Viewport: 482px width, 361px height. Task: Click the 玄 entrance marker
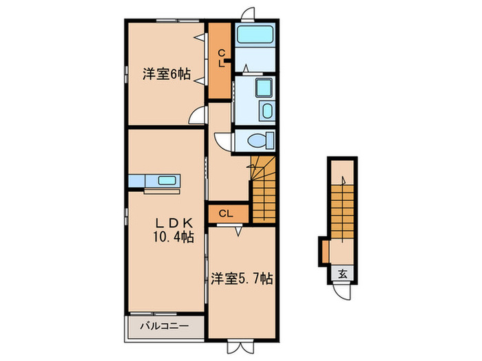pyautogui.click(x=342, y=274)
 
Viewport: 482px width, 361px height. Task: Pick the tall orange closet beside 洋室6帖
pyautogui.click(x=221, y=61)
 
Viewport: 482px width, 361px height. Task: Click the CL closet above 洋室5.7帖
pyautogui.click(x=227, y=213)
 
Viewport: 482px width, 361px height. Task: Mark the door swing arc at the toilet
pyautogui.click(x=224, y=140)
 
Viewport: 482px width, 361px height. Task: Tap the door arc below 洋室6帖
pyautogui.click(x=198, y=118)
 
